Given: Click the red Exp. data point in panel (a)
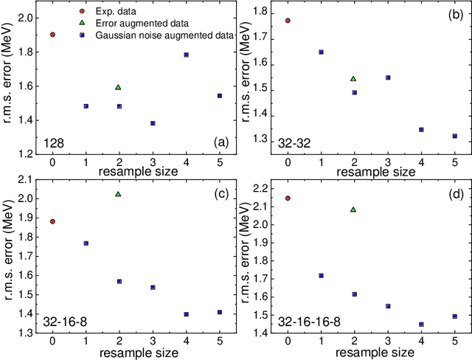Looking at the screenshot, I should click(52, 35).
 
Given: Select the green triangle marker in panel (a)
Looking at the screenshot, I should click(119, 87).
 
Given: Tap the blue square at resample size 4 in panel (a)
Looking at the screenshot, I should click(186, 55).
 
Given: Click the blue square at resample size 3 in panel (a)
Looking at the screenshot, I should click(153, 123).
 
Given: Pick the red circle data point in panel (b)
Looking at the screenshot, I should click(287, 21).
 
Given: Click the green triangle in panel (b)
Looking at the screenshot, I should click(353, 78).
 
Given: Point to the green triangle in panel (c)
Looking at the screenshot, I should click(119, 194).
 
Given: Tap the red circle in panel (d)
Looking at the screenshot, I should click(287, 198).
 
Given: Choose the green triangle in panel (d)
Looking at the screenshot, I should click(353, 210).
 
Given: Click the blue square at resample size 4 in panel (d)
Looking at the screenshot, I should click(421, 324).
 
